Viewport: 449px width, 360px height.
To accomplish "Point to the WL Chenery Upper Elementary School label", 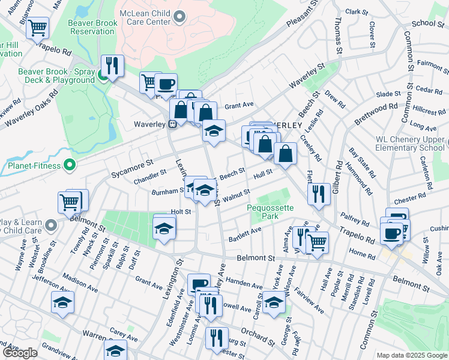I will click(x=410, y=143).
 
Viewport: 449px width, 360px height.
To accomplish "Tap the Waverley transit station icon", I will click(x=172, y=124).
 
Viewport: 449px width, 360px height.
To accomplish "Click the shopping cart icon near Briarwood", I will click(x=37, y=26).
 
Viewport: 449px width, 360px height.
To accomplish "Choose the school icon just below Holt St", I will click(x=164, y=229).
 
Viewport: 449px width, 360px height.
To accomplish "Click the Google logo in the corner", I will click(x=19, y=353).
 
